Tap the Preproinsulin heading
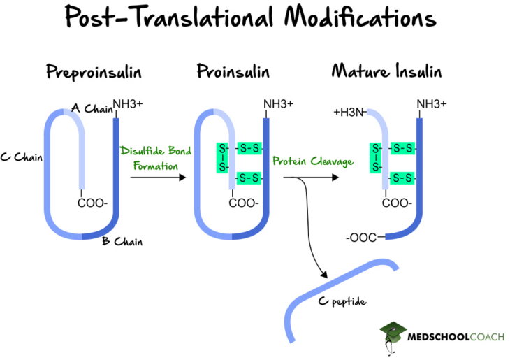click(94, 72)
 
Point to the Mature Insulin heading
click(386, 72)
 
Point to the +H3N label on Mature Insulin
click(349, 112)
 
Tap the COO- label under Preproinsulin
click(93, 203)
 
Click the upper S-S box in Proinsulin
click(249, 148)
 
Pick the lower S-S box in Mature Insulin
click(402, 178)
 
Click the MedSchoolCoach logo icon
click(393, 335)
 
